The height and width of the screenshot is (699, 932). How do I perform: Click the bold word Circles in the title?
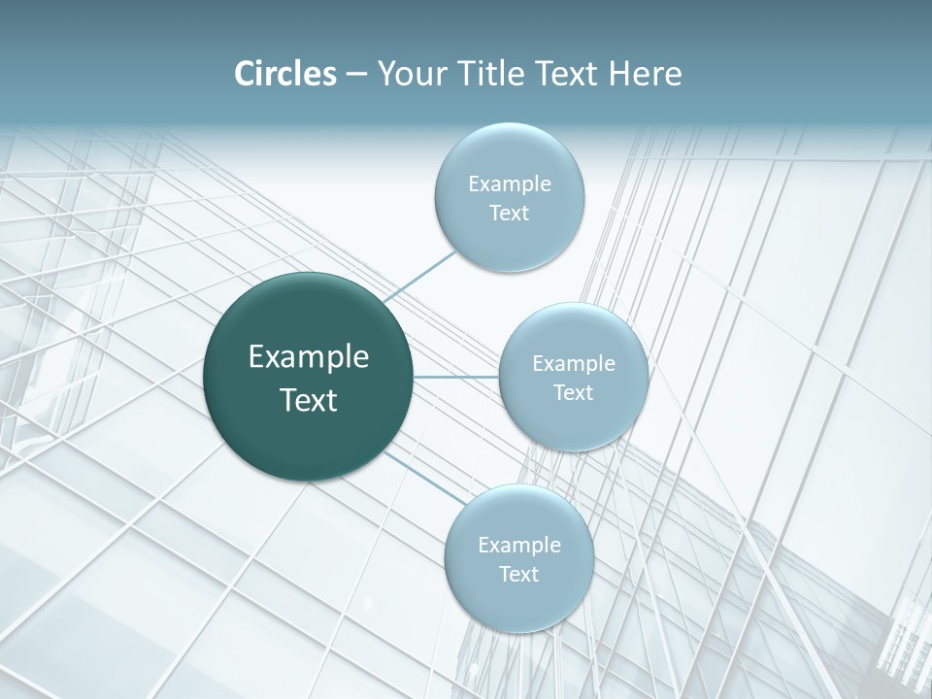284,74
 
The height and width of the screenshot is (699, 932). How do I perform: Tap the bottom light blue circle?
518,602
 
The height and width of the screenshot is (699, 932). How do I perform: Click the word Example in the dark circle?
309,357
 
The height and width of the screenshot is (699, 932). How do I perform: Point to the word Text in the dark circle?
309,400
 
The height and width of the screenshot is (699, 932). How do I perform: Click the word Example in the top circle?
510,184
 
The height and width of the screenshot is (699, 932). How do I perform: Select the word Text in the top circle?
509,214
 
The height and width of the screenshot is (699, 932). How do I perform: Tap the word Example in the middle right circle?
574,364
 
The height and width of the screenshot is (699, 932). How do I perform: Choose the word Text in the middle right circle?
573,393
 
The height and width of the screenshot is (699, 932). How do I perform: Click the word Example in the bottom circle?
519,546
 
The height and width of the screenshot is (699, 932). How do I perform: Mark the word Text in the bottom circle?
518,575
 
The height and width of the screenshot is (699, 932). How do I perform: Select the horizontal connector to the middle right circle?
455,376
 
